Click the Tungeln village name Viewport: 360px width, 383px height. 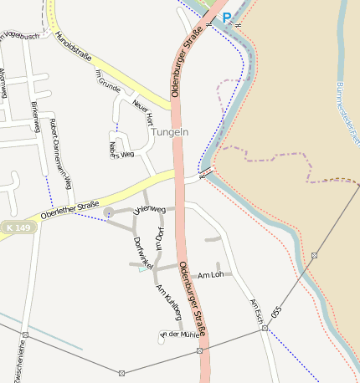click(x=170, y=132)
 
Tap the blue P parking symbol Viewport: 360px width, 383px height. click(x=226, y=17)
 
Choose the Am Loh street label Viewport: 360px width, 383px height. click(x=210, y=274)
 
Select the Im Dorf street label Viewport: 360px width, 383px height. click(x=160, y=237)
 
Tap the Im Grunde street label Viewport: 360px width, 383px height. click(x=109, y=81)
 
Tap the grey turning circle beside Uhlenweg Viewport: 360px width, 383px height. click(x=108, y=212)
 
